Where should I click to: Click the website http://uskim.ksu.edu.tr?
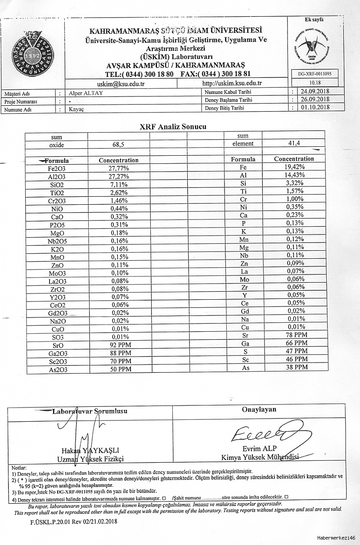click(232, 83)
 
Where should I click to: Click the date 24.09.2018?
click(315, 92)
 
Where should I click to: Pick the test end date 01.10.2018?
click(315, 107)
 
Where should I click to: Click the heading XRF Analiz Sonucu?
click(173, 126)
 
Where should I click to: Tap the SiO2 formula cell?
click(57, 185)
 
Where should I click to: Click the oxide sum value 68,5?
click(118, 145)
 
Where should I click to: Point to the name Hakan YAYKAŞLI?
click(90, 450)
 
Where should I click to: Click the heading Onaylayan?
click(259, 409)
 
